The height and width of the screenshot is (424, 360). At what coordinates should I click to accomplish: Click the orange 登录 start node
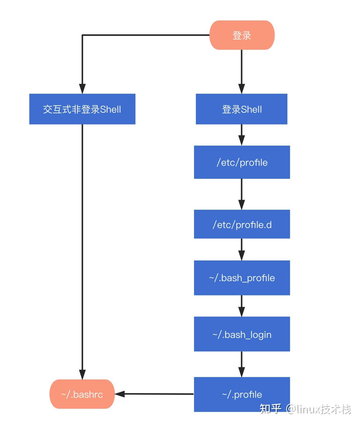242,35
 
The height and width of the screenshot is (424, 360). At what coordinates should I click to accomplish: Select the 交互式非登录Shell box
82,109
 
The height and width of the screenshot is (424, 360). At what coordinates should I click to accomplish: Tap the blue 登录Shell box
241,109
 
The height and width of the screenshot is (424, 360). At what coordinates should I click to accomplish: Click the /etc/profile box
242,162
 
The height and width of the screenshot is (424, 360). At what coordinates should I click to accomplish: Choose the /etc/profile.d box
242,224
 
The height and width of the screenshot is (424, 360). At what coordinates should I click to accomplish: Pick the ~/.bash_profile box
242,277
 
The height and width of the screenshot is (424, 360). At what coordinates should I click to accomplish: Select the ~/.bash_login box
242,334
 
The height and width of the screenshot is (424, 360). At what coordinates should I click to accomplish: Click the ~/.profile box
242,394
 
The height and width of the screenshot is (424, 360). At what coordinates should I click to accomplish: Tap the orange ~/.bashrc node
82,394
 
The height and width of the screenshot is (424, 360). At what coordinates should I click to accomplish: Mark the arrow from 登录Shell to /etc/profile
242,135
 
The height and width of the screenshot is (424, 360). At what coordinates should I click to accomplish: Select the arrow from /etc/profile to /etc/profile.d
242,194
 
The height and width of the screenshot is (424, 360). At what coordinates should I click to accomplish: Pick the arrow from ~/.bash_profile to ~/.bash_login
242,306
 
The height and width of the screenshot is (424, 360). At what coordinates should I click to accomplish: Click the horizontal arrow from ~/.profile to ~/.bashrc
154,394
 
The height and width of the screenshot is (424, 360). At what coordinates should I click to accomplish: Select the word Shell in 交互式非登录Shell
110,109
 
